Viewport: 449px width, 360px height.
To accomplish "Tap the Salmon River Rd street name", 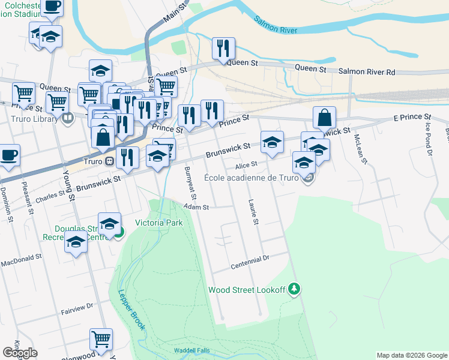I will tap(367, 71).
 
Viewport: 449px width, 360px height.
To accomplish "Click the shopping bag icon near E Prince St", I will tap(324, 118).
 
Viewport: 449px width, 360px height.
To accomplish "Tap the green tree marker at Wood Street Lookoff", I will tap(294, 289).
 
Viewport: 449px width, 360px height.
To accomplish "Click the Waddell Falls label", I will tap(190, 350).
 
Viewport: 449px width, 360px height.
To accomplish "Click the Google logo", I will tap(20, 353).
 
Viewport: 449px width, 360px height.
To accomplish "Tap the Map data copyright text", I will tap(411, 355).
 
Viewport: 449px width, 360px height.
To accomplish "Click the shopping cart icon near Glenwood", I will tap(101, 338).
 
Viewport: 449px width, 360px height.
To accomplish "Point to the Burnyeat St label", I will tap(191, 183).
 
